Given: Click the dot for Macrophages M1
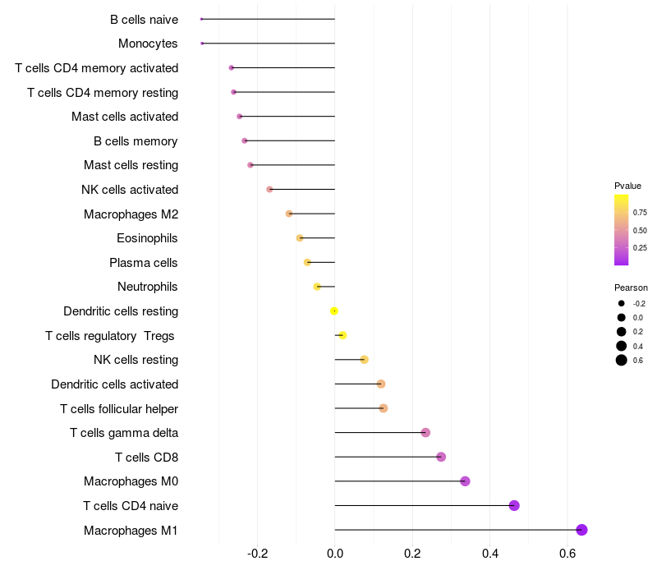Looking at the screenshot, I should [581, 530].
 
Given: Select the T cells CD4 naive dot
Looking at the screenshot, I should [514, 505].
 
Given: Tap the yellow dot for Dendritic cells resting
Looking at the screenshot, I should [334, 310].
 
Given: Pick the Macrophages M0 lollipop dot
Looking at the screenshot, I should [465, 481].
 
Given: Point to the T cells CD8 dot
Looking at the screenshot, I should [441, 457].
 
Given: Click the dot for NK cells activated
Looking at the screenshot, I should [269, 190].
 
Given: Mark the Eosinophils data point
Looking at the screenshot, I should [300, 238].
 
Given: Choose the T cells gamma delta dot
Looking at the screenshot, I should [425, 433].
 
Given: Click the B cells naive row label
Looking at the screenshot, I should [144, 19].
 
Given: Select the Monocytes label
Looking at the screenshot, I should [148, 44].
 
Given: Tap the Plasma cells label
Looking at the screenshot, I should [144, 263].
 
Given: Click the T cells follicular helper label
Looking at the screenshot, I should [119, 408].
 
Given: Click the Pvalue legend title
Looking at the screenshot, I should [627, 186].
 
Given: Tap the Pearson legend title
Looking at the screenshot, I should [631, 287].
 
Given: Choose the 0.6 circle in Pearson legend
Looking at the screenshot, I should [622, 360].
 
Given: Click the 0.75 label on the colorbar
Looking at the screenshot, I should [640, 212].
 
